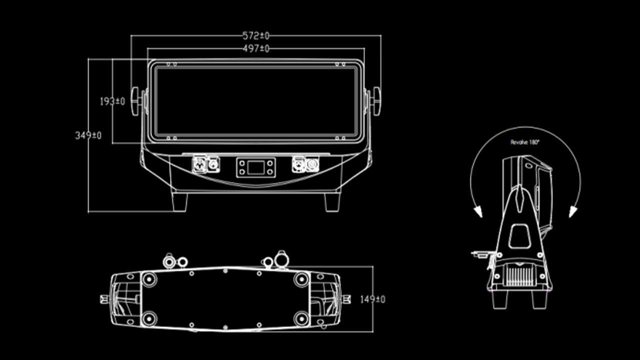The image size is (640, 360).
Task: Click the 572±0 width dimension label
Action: pyautogui.click(x=255, y=35)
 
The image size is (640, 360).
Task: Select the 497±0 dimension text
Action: pyautogui.click(x=255, y=48)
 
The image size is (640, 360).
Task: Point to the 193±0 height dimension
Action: pyautogui.click(x=112, y=101)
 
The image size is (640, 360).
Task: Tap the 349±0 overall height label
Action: pyautogui.click(x=88, y=135)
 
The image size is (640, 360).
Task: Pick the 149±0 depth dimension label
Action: pyautogui.click(x=372, y=299)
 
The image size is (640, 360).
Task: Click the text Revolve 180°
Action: pyautogui.click(x=525, y=142)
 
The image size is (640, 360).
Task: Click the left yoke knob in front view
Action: pyautogui.click(x=135, y=101)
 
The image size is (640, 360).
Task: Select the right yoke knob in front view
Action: pyautogui.click(x=376, y=101)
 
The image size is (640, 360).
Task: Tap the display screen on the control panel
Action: pyautogui.click(x=255, y=167)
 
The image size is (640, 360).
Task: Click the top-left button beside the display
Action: pyautogui.click(x=241, y=163)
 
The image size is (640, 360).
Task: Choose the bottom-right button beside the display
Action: pyautogui.click(x=270, y=172)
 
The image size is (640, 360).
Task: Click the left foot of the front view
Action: pyautogui.click(x=179, y=201)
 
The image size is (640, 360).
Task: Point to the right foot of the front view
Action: pyautogui.click(x=332, y=201)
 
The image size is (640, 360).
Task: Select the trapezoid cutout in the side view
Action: pyautogui.click(x=519, y=236)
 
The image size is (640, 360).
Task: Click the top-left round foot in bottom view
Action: pyautogui.click(x=148, y=279)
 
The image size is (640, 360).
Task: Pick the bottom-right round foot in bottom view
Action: pyautogui.click(x=301, y=318)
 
